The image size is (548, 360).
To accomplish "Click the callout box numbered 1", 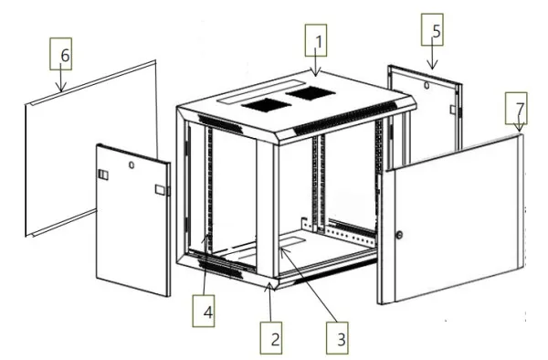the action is coord(316,40).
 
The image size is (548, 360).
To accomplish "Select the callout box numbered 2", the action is coord(271,338).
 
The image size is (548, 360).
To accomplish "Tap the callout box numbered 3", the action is coord(337,338).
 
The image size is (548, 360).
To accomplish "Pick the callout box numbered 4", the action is coord(204,311).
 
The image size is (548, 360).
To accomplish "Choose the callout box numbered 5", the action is coord(432,30).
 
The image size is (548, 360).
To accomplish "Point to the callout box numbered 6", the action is coord(61,54).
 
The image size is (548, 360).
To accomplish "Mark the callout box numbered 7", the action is coord(516,108).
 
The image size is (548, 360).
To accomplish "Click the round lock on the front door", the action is coord(399,235).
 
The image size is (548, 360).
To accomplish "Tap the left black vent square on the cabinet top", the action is coord(267,105).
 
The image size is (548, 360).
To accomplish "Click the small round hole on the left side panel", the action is coord(132,165).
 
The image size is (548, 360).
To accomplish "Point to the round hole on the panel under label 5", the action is coord(427,85).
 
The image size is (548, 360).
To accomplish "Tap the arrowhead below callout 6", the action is coord(61,88).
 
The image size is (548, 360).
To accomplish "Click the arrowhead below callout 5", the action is coord(432,65).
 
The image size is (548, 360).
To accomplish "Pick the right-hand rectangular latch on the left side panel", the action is coord(161,190).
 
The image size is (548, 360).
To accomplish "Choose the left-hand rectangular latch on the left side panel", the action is coord(103,175).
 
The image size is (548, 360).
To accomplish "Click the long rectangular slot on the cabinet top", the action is coord(261,92).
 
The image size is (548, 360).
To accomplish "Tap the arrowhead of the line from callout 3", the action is coord(283,252).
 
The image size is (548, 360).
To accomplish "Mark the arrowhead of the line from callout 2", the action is coord(269,286).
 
